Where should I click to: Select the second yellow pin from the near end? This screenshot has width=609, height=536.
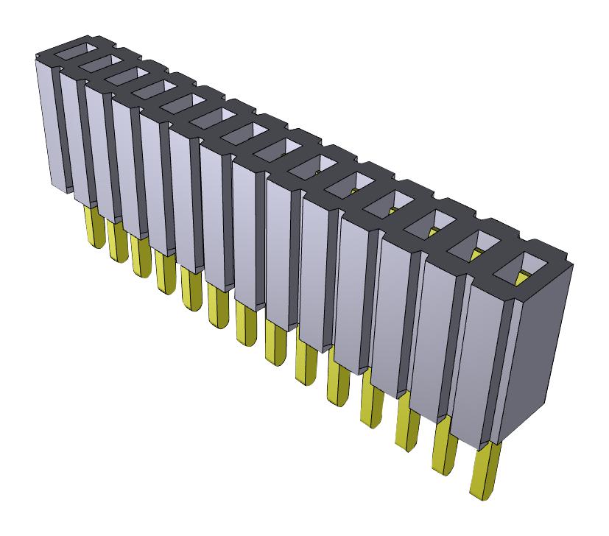pyautogui.click(x=445, y=442)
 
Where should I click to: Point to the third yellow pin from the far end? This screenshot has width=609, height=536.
pyautogui.click(x=141, y=255)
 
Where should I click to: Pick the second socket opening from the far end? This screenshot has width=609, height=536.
pyautogui.click(x=95, y=63)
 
